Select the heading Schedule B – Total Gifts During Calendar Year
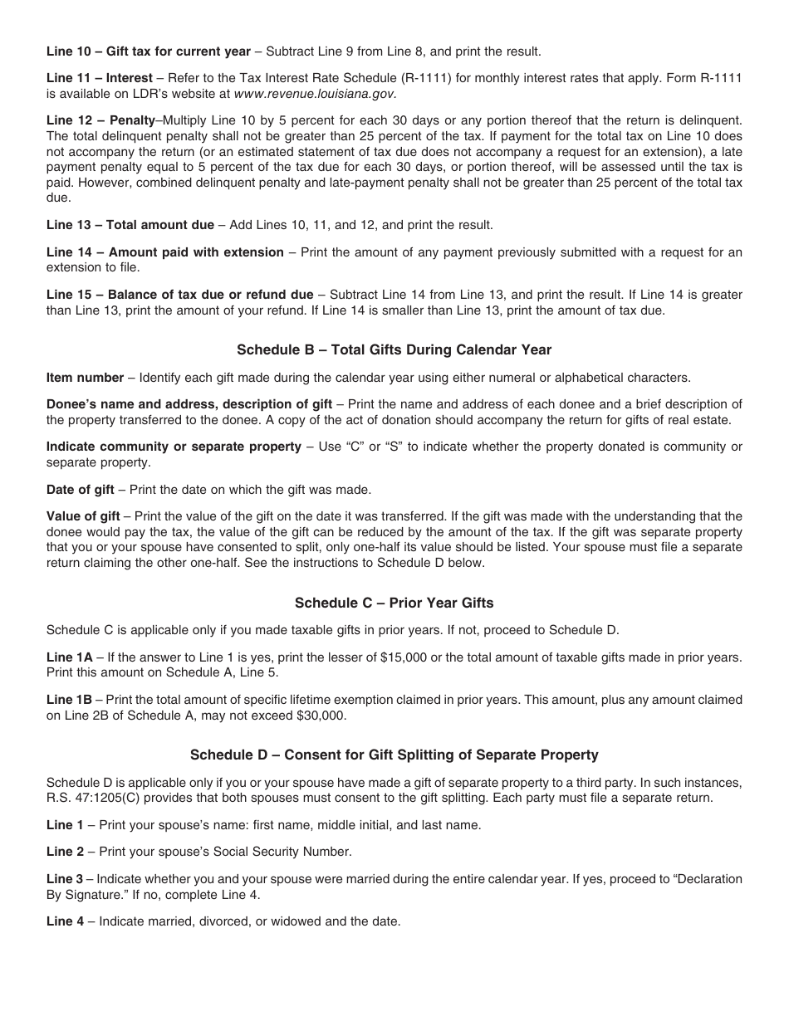(394, 350)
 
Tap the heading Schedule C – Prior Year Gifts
(394, 603)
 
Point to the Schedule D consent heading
(394, 755)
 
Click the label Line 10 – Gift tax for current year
(148, 51)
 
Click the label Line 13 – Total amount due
(130, 225)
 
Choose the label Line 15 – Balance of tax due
(179, 295)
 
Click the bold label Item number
(85, 378)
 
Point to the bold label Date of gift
(81, 489)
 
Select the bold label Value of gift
(83, 516)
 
